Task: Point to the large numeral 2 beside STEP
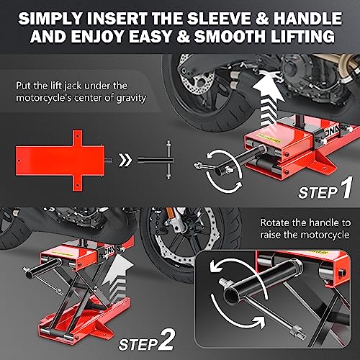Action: tap(166, 340)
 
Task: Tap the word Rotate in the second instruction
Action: tap(275, 222)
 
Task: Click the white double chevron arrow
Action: tap(125, 160)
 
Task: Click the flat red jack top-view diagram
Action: tap(60, 161)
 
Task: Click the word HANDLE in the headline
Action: tap(308, 19)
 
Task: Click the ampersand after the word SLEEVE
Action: tap(262, 19)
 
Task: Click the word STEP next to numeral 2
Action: tap(138, 345)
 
